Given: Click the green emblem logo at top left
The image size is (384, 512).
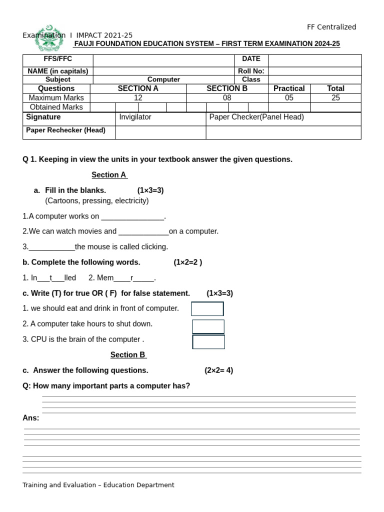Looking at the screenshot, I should (x=50, y=37).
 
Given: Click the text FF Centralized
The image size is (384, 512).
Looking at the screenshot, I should (x=331, y=27).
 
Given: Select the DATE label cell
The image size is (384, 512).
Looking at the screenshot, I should (x=251, y=59).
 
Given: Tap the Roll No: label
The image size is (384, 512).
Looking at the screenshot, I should (x=251, y=71).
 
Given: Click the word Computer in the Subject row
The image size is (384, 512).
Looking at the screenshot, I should (x=163, y=79).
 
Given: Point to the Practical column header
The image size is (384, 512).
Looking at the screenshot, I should (x=289, y=88).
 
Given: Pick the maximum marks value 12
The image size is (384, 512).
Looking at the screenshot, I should (x=138, y=98).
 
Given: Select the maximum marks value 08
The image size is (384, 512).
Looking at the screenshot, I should (x=227, y=98).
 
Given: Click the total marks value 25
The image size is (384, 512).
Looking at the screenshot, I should (x=335, y=98).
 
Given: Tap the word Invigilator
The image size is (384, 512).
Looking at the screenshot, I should (x=135, y=117).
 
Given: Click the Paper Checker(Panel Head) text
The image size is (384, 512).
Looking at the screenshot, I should (x=256, y=117).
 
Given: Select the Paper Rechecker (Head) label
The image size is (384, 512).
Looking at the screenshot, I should (x=65, y=130).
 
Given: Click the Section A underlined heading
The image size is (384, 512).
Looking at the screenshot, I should (x=109, y=175).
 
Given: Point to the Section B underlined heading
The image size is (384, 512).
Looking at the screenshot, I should (x=128, y=355).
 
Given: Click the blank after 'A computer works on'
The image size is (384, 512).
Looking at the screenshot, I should (x=132, y=217).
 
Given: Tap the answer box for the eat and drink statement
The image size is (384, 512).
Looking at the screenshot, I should (x=207, y=309).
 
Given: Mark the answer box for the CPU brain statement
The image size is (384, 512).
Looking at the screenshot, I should (x=208, y=342).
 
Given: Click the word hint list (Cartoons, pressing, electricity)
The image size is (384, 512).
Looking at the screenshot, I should (x=97, y=201).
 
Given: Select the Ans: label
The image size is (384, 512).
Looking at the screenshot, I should (x=31, y=418).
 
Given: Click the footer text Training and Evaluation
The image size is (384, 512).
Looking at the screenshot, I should (x=98, y=485).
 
